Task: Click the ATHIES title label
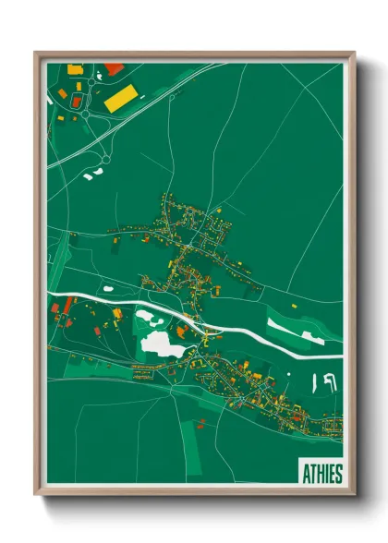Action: pos(321,473)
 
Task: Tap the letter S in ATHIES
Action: pos(338,474)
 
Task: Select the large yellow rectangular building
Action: pos(122,99)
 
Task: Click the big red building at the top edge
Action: pos(114,68)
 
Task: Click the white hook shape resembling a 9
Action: pos(329,380)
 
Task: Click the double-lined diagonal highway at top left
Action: pos(139,111)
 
